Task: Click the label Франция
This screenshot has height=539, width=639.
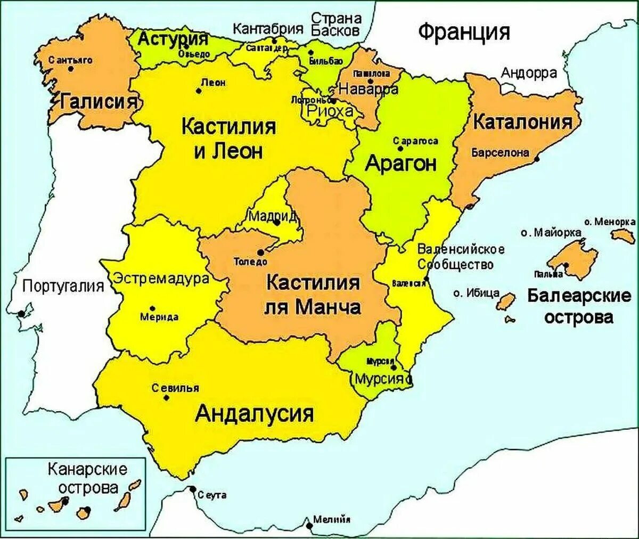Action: pos(463,32)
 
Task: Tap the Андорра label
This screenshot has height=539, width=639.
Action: pos(529,73)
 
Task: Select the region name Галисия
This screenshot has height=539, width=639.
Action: pos(100,101)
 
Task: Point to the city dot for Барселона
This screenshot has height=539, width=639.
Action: pos(537,159)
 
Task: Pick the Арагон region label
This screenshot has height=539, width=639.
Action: pos(400,164)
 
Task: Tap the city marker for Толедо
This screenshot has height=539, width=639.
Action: pos(260,252)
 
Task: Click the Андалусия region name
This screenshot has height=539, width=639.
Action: pos(254,413)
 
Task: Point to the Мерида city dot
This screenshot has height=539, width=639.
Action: pos(153,308)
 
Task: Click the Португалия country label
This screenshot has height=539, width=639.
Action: pos(63,287)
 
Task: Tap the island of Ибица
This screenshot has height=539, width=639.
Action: pos(506,301)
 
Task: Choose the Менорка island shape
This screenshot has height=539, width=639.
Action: pos(622,235)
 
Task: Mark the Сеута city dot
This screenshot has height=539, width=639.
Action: pos(193,489)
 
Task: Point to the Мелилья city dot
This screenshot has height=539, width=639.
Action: pos(309,525)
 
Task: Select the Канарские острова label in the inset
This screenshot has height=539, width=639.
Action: pos(88,478)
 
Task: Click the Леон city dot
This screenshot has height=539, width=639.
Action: pos(199,91)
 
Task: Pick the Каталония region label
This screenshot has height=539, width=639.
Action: pos(522,122)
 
